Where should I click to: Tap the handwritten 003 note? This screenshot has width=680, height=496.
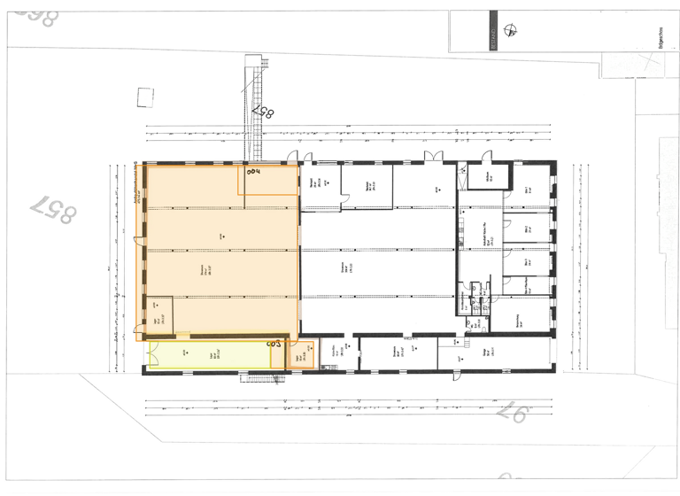[x=274, y=341]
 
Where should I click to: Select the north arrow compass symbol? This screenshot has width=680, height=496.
[x=511, y=33]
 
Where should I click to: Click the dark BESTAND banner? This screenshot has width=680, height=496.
[x=494, y=32]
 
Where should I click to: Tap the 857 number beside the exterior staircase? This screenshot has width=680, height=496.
[x=265, y=112]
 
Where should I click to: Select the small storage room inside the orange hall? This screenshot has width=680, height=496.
[x=159, y=314]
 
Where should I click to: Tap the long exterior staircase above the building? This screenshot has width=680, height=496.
[x=254, y=106]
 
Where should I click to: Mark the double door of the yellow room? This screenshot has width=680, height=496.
[x=145, y=354]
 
